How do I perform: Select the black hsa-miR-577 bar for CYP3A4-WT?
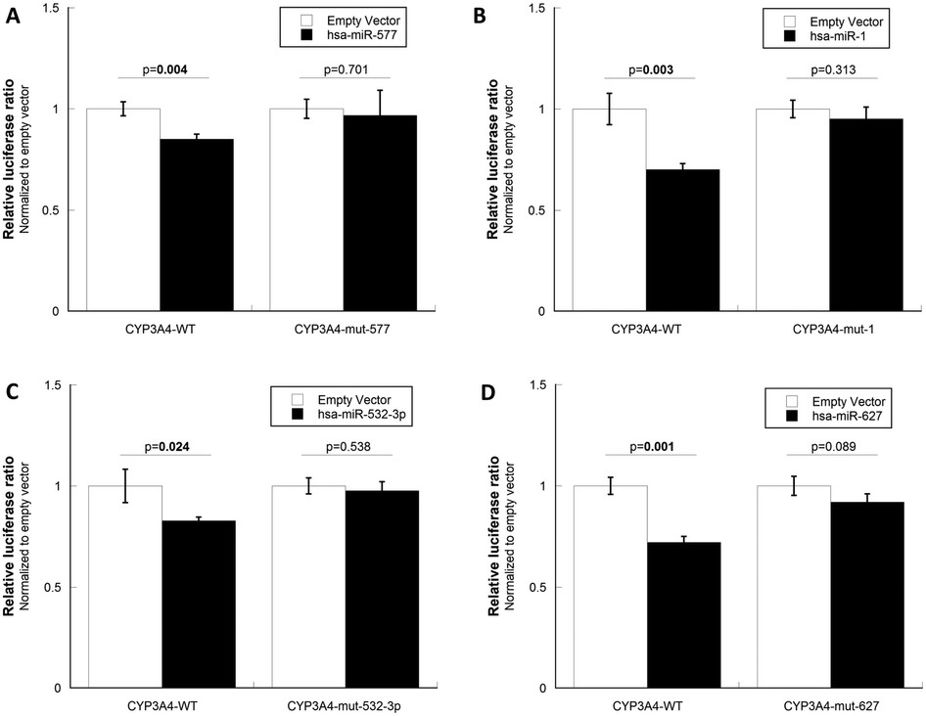click(x=197, y=225)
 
